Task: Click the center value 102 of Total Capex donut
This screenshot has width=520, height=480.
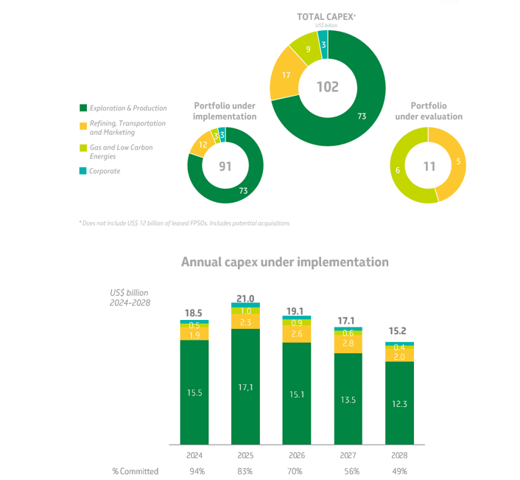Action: click(x=328, y=87)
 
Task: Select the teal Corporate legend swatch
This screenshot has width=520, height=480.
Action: click(x=82, y=171)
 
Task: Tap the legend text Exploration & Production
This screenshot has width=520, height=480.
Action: click(x=127, y=108)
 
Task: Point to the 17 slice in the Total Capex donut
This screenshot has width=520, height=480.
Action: click(x=285, y=74)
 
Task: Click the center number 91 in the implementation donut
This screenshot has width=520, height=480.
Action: click(x=225, y=166)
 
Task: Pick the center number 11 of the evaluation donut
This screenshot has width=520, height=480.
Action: click(x=429, y=167)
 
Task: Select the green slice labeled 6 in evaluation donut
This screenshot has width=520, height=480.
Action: click(x=398, y=170)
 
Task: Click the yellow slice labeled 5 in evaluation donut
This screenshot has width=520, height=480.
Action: click(x=459, y=161)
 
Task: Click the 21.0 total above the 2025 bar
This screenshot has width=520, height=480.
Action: click(x=245, y=299)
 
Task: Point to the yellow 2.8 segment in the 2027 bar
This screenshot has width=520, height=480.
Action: click(x=348, y=344)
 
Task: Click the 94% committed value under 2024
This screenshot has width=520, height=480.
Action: click(x=194, y=471)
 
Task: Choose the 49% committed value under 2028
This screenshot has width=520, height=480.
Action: click(x=399, y=471)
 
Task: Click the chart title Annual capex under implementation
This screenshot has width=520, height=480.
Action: click(x=284, y=262)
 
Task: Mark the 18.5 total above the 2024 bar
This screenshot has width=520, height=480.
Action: click(x=194, y=313)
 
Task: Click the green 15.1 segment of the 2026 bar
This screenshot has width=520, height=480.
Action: click(x=296, y=394)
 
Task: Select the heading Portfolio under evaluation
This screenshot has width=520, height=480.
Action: click(x=429, y=111)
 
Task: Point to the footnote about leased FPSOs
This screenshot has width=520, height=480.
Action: click(x=184, y=223)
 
